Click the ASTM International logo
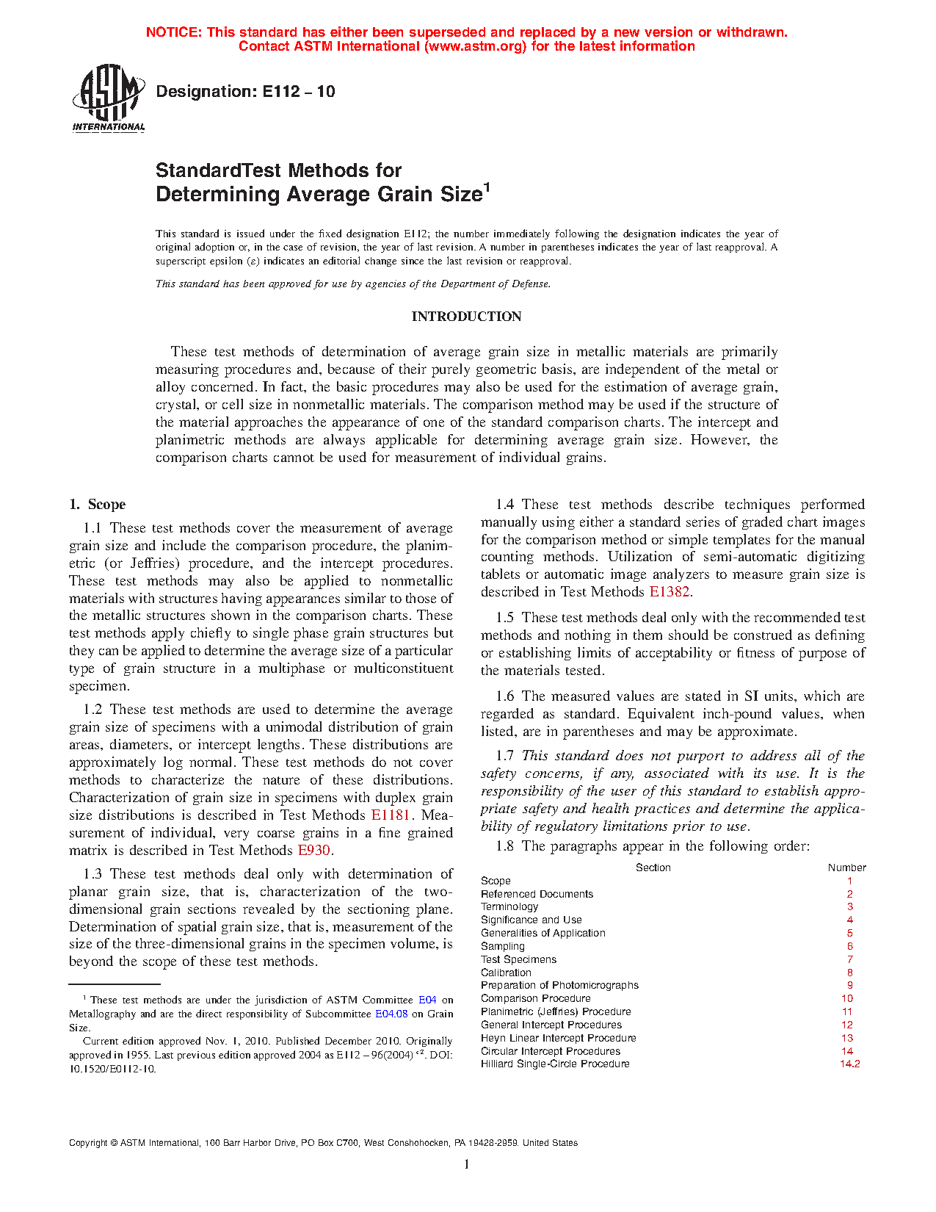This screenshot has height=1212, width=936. pyautogui.click(x=109, y=98)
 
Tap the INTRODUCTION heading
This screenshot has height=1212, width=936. pyautogui.click(x=466, y=317)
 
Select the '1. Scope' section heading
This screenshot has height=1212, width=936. pyautogui.click(x=98, y=505)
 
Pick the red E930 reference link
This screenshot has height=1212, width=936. pyautogui.click(x=313, y=851)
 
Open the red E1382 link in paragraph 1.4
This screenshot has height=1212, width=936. pyautogui.click(x=669, y=592)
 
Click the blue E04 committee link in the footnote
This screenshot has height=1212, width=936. pyautogui.click(x=427, y=1000)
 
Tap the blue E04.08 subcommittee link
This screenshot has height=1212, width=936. pyautogui.click(x=391, y=1014)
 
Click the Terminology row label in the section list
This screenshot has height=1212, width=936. pyautogui.click(x=509, y=907)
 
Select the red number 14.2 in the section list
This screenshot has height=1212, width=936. pyautogui.click(x=849, y=1064)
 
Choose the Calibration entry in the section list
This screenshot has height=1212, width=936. pyautogui.click(x=506, y=973)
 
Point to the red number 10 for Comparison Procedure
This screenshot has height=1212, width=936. pyautogui.click(x=847, y=999)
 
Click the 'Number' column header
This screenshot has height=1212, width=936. pyautogui.click(x=846, y=867)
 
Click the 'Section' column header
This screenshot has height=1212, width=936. pyautogui.click(x=653, y=867)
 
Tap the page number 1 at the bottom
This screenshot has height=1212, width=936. pyautogui.click(x=466, y=1164)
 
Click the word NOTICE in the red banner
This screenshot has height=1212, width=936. pyautogui.click(x=173, y=32)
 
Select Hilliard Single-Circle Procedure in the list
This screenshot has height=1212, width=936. pyautogui.click(x=555, y=1064)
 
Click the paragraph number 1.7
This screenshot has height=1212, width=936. pyautogui.click(x=504, y=756)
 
